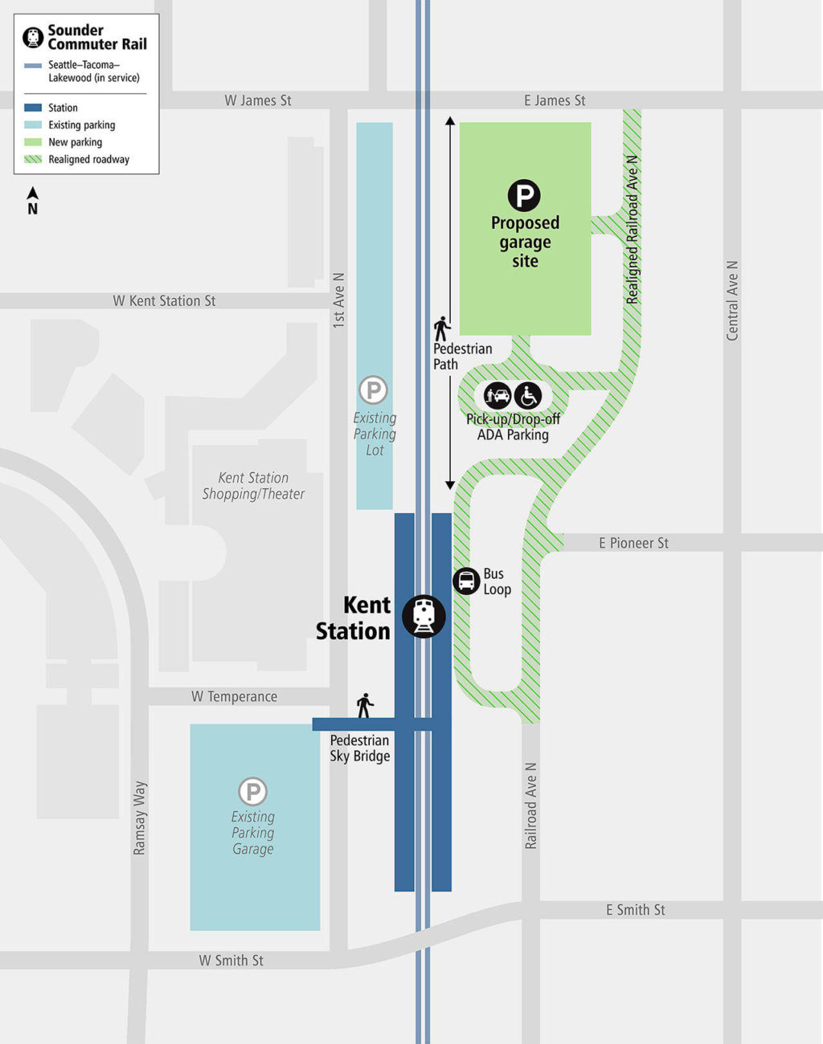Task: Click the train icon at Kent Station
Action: click(424, 617)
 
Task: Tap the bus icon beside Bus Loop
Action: click(466, 581)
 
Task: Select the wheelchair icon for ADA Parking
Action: click(528, 396)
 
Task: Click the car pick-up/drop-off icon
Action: click(497, 396)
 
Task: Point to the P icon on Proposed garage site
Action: click(524, 196)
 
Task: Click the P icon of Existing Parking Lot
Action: click(373, 390)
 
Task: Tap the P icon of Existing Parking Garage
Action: click(252, 791)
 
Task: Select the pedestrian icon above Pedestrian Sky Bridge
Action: click(365, 706)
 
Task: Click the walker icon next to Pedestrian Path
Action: click(441, 329)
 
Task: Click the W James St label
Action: click(257, 100)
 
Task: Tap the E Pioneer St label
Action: click(633, 544)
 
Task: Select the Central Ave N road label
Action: click(732, 300)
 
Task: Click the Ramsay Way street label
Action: click(140, 818)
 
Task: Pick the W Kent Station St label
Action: click(164, 301)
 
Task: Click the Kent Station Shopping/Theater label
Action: click(253, 486)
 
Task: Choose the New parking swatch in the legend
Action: click(33, 142)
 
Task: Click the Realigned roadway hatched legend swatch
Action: click(33, 159)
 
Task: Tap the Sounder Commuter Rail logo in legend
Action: click(33, 37)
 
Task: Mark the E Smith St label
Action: click(635, 910)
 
